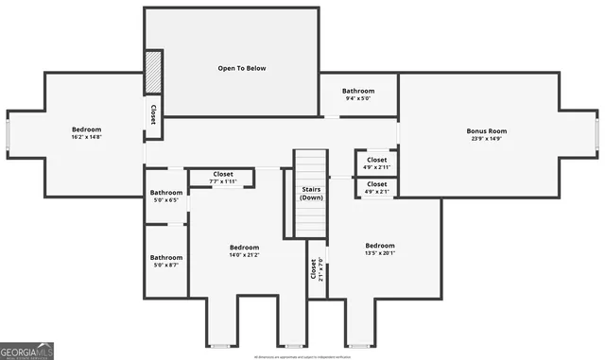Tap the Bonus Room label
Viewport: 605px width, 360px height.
click(487, 131)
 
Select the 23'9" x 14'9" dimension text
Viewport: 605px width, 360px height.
click(487, 140)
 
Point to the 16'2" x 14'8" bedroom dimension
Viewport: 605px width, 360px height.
click(86, 138)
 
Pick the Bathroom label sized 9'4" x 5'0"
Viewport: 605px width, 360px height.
click(358, 91)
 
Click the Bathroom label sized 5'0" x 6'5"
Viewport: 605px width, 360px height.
click(166, 193)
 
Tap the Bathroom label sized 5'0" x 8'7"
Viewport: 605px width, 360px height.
click(166, 257)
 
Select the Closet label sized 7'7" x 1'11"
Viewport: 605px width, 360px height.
click(223, 174)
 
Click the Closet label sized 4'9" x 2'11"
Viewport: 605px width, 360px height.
click(376, 160)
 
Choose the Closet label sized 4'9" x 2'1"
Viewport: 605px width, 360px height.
click(376, 184)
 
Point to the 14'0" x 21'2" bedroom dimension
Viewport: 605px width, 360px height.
click(244, 255)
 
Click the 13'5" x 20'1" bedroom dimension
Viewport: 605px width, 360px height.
click(380, 253)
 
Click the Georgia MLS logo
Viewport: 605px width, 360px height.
click(27, 351)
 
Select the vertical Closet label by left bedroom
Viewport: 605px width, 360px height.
click(152, 114)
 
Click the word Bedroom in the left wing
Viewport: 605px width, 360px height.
click(86, 129)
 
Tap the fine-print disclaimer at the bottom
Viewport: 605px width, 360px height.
click(302, 356)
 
